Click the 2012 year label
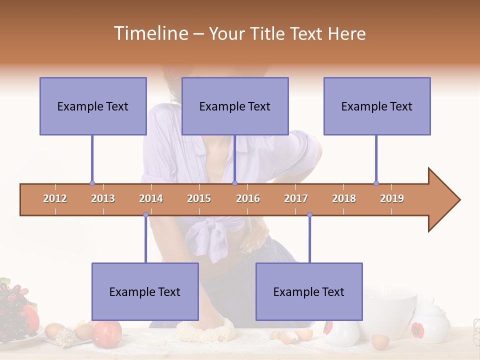click(55, 198)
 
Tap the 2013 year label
click(103, 198)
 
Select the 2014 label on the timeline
click(151, 198)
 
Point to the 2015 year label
click(199, 198)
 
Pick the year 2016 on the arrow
click(248, 198)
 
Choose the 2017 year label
click(296, 198)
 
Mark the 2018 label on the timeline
click(344, 198)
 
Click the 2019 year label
click(392, 198)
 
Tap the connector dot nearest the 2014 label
click(145, 215)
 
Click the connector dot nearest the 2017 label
click(309, 215)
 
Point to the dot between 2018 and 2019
click(376, 183)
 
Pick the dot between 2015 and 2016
click(234, 183)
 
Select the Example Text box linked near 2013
click(93, 106)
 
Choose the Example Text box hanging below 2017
click(309, 291)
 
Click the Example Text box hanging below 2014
click(145, 291)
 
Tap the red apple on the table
click(106, 334)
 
